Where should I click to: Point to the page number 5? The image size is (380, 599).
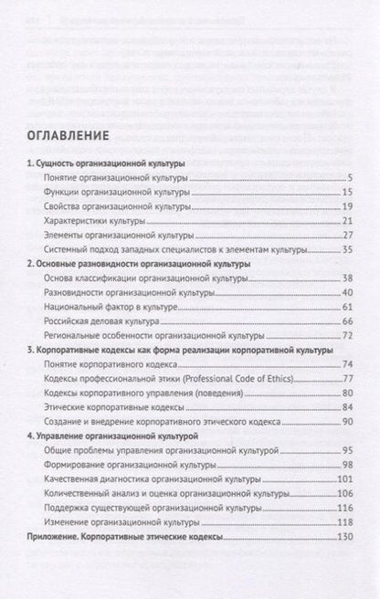click(350, 180)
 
